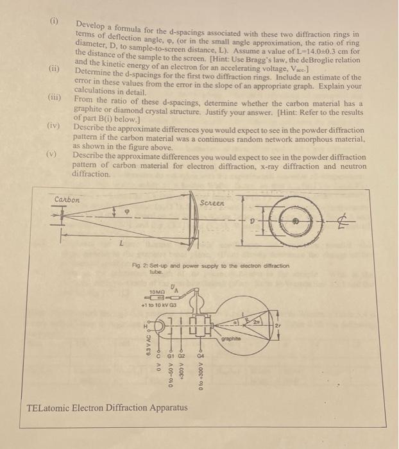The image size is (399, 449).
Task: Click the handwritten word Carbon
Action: (x=67, y=199)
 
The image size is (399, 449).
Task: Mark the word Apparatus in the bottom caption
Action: (x=167, y=407)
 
